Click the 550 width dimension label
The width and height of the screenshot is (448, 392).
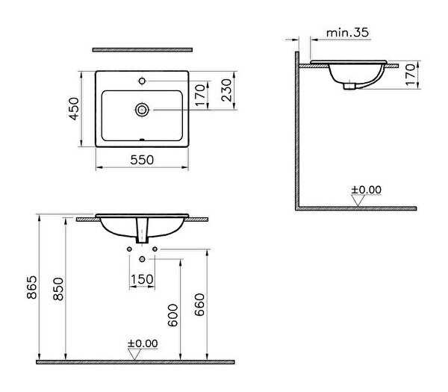click(142, 160)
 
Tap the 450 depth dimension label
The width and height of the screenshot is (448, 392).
click(74, 109)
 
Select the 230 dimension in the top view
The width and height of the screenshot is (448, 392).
click(226, 90)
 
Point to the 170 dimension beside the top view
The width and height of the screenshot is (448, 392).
click(201, 95)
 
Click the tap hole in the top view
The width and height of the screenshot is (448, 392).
click(142, 81)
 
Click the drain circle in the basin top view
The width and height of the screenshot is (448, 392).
click(142, 110)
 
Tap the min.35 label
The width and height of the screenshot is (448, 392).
click(347, 33)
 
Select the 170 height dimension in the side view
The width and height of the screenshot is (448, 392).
click(410, 75)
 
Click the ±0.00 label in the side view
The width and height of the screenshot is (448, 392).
click(367, 190)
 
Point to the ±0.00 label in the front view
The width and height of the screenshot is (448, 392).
click(143, 343)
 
